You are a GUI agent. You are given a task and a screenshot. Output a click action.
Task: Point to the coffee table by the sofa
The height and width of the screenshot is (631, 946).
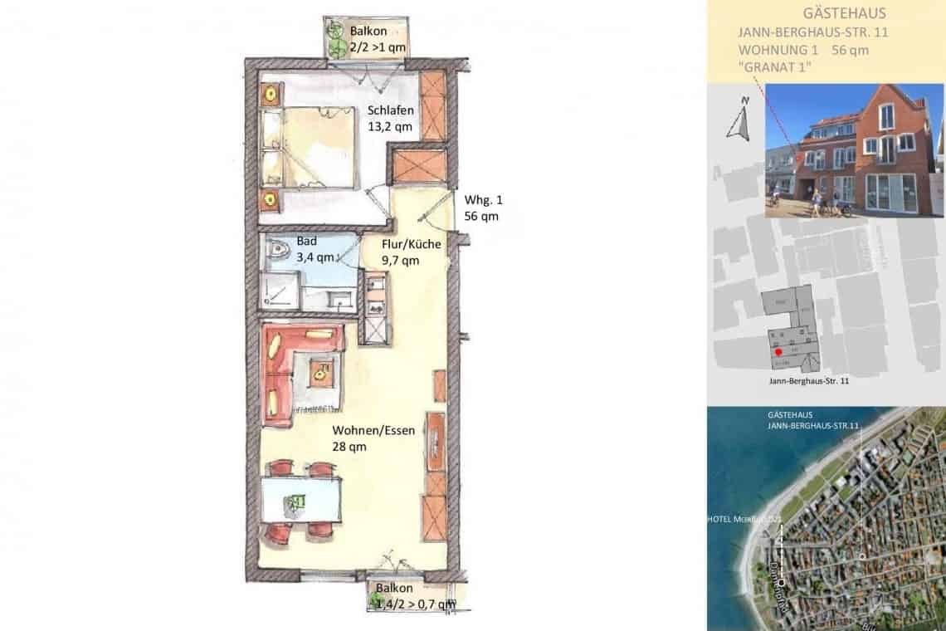[x=319, y=375]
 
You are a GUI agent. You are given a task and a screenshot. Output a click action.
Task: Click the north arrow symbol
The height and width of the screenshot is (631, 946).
[x=739, y=120]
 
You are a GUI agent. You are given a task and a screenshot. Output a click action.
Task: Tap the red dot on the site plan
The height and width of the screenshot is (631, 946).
[x=778, y=352]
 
